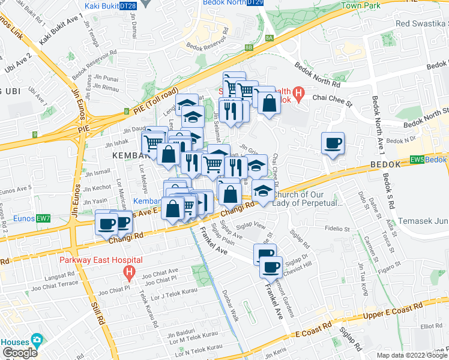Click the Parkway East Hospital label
(100, 260)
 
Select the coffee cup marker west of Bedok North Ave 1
(333, 143)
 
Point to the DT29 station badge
(255, 2)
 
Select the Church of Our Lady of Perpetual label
(307, 199)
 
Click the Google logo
(20, 353)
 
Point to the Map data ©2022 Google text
(411, 355)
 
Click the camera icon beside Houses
(37, 340)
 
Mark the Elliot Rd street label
(430, 327)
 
